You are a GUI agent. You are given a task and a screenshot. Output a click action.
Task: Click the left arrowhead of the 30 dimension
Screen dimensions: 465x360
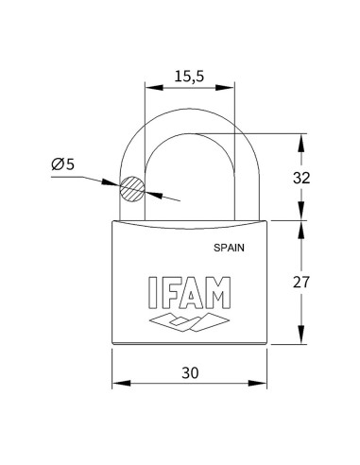tap(118, 384)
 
